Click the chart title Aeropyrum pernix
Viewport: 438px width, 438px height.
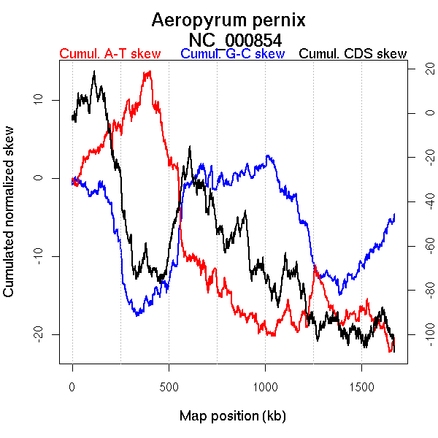coord(228,20)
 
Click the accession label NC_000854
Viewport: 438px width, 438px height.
coord(235,39)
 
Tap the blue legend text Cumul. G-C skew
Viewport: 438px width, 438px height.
coord(232,54)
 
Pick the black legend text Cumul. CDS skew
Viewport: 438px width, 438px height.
coord(353,54)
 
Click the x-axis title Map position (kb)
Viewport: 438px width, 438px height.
coord(232,417)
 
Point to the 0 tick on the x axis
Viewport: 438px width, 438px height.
coord(72,385)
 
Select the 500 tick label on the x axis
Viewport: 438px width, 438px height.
coord(169,385)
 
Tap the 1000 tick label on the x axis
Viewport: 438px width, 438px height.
coord(265,385)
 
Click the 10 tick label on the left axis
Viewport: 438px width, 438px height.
coord(38,99)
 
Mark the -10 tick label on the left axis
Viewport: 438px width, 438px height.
coord(38,255)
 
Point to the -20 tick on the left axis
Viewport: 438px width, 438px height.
coord(38,334)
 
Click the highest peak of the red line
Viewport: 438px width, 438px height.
coord(150,72)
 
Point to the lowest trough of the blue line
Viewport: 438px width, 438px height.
coord(137,315)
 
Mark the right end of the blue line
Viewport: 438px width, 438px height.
coord(394,214)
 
